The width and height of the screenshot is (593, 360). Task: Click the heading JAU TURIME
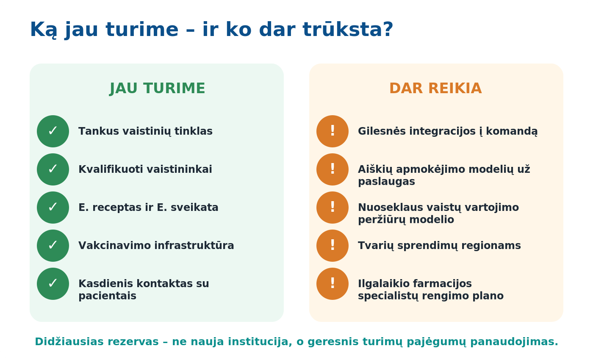[157, 89]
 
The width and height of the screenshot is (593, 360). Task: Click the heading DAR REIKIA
[435, 89]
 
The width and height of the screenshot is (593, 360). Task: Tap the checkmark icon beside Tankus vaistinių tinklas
[53, 131]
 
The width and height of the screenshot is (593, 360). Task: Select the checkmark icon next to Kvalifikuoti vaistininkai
[53, 169]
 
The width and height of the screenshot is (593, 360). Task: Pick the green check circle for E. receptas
[53, 208]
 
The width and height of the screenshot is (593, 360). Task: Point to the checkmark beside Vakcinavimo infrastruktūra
[53, 246]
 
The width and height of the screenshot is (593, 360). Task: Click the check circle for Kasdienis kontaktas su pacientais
[53, 284]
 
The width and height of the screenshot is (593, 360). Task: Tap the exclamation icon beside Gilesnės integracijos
[333, 131]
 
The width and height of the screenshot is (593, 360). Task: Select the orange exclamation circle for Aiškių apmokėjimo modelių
[333, 169]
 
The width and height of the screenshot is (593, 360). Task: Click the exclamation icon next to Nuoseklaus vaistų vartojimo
[333, 208]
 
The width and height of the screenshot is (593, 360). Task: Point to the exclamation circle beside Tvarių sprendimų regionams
[333, 246]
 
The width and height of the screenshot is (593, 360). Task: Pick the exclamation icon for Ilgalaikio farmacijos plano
[333, 284]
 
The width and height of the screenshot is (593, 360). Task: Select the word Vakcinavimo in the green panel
[115, 245]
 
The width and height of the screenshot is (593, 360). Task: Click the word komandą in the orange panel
[512, 132]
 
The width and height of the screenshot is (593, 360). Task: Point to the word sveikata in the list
[194, 207]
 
